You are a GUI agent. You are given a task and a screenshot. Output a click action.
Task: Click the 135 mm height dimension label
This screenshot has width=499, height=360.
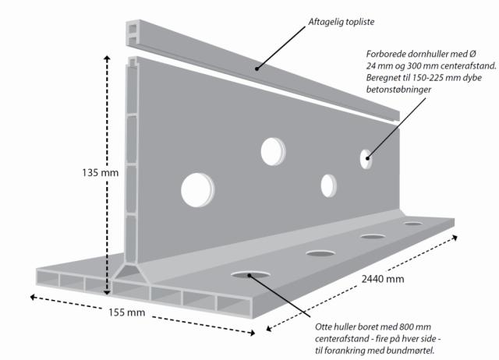[x=100, y=173]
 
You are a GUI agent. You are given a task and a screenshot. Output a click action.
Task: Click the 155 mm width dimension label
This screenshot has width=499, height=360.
[x=126, y=312]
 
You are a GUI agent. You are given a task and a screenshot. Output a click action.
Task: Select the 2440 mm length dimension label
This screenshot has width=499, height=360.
[x=383, y=279]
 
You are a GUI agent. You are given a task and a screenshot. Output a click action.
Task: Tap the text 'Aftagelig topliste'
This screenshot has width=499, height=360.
[x=342, y=22]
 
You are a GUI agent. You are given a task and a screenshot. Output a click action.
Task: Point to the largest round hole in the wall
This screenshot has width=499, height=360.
[x=197, y=190]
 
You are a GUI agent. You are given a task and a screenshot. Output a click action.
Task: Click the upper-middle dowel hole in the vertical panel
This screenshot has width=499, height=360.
[x=273, y=152]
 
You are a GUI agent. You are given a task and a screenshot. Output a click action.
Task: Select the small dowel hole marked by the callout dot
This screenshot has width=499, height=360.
[x=366, y=159]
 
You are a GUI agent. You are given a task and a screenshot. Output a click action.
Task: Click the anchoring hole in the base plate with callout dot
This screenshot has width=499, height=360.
[x=250, y=274]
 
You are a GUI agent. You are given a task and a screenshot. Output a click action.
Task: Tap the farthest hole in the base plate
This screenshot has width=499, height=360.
[x=413, y=224]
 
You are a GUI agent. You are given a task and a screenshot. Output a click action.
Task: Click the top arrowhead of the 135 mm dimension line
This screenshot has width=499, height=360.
[x=108, y=58]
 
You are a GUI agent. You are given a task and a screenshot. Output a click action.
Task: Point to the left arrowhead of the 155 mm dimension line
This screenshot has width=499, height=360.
[x=33, y=297]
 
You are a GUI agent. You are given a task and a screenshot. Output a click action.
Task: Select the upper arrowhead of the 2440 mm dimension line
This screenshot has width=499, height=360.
[x=455, y=237]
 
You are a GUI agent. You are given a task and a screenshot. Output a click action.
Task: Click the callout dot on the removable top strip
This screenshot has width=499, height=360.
[x=257, y=69]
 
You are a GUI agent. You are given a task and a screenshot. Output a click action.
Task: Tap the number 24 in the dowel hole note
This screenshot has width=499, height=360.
[x=371, y=65]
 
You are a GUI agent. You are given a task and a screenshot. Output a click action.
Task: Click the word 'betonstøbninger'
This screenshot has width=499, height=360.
[x=398, y=90]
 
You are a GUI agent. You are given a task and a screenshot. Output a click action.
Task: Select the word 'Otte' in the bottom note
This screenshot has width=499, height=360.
[x=323, y=327]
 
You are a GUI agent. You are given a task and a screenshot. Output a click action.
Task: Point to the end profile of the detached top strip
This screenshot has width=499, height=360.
[x=133, y=33]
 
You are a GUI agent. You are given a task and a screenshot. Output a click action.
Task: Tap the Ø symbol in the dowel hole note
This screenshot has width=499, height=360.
[x=472, y=54]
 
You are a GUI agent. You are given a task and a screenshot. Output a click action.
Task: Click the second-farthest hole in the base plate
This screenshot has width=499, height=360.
[x=373, y=237]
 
